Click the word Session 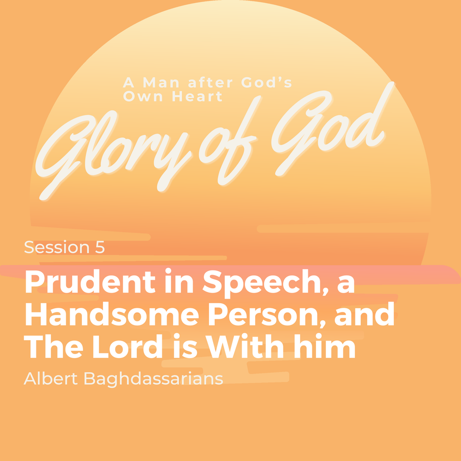pos(56,247)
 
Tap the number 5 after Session pos(100,247)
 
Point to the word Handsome pos(112,313)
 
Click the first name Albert pos(51,379)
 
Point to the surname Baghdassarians pos(153,380)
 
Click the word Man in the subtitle pos(161,82)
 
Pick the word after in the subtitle pos(211,82)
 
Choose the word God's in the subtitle pos(266,82)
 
